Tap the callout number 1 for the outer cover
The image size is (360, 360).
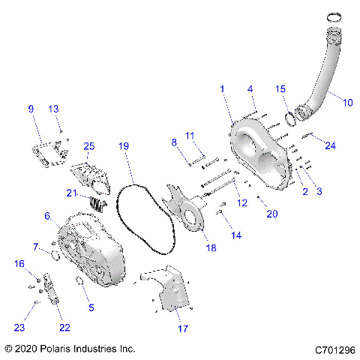pyautogui.click(x=221, y=89)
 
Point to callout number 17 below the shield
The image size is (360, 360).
pyautogui.click(x=183, y=328)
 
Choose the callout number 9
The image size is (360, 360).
pyautogui.click(x=31, y=109)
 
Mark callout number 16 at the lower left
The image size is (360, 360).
pyautogui.click(x=19, y=264)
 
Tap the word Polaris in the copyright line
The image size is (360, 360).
pyautogui.click(x=65, y=349)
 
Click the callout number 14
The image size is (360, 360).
pyautogui.click(x=236, y=235)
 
